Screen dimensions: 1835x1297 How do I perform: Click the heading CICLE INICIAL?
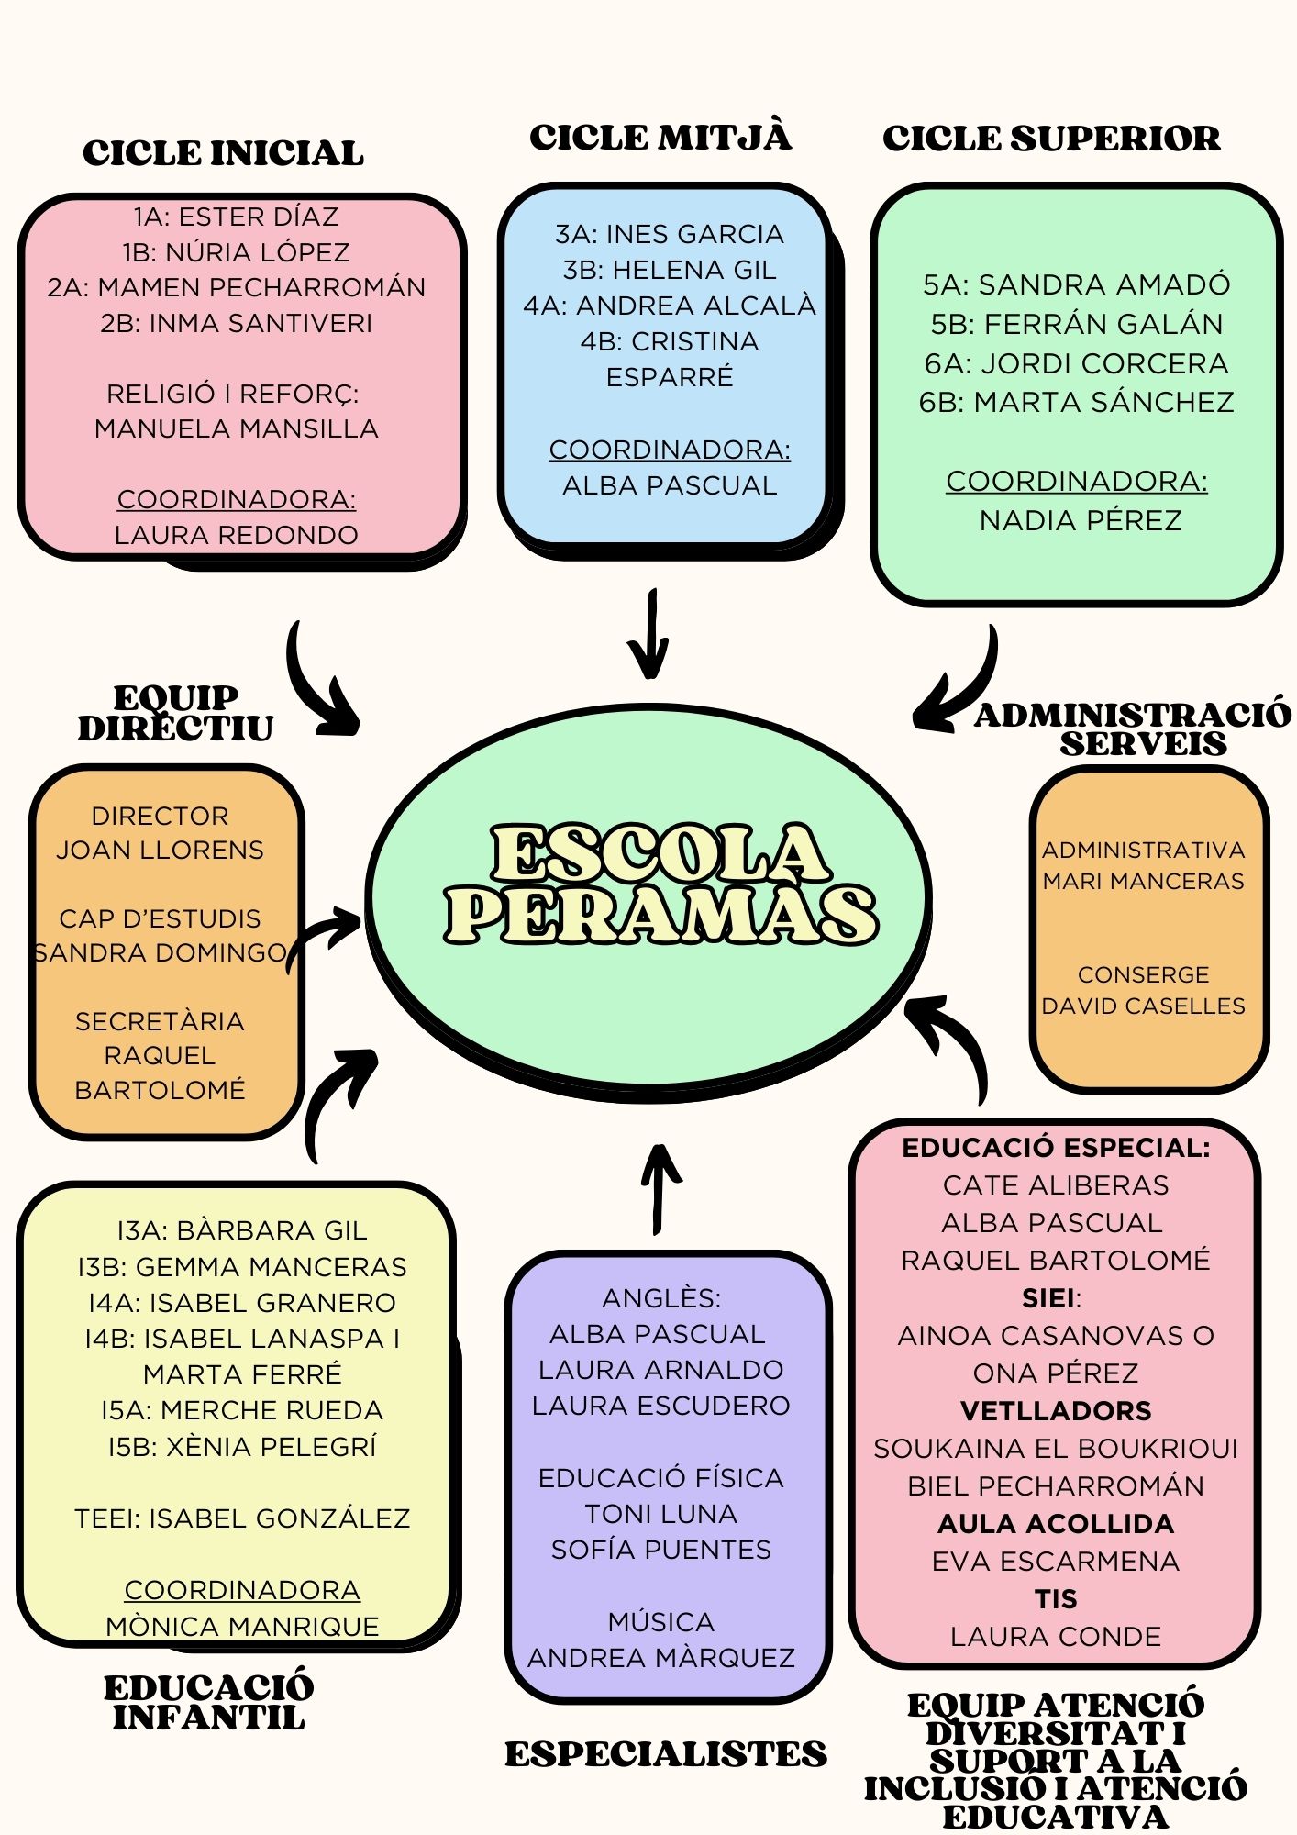pyautogui.click(x=223, y=153)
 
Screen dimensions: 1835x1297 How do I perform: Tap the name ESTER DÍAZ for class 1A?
pyautogui.click(x=258, y=217)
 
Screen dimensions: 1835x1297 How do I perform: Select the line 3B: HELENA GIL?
pyautogui.click(x=670, y=270)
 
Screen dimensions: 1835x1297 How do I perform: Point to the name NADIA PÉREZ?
pyautogui.click(x=1081, y=520)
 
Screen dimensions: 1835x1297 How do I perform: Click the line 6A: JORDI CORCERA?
pyautogui.click(x=1076, y=363)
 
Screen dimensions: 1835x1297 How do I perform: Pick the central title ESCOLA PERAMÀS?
pyautogui.click(x=660, y=883)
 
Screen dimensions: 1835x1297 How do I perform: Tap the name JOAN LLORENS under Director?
pyautogui.click(x=160, y=850)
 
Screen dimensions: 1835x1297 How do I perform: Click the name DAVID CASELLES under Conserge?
pyautogui.click(x=1143, y=1006)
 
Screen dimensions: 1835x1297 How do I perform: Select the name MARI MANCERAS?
pyautogui.click(x=1143, y=881)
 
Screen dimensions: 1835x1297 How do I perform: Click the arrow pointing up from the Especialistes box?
pyautogui.click(x=660, y=1188)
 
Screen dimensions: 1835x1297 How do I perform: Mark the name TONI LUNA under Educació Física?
pyautogui.click(x=660, y=1513)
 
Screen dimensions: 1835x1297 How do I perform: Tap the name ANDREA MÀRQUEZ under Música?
pyautogui.click(x=660, y=1657)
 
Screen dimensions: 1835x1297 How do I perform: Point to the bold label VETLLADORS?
pyautogui.click(x=1056, y=1410)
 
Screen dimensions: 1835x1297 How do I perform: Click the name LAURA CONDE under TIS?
pyautogui.click(x=1056, y=1636)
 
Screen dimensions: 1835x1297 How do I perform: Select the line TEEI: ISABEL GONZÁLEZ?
pyautogui.click(x=242, y=1518)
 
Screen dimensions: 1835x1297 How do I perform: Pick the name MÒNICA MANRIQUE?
pyautogui.click(x=242, y=1626)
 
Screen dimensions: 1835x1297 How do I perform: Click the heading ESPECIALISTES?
pyautogui.click(x=665, y=1753)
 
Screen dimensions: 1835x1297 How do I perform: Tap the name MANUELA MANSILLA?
pyautogui.click(x=237, y=428)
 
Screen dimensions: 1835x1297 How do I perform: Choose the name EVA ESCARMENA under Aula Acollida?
pyautogui.click(x=1056, y=1561)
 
